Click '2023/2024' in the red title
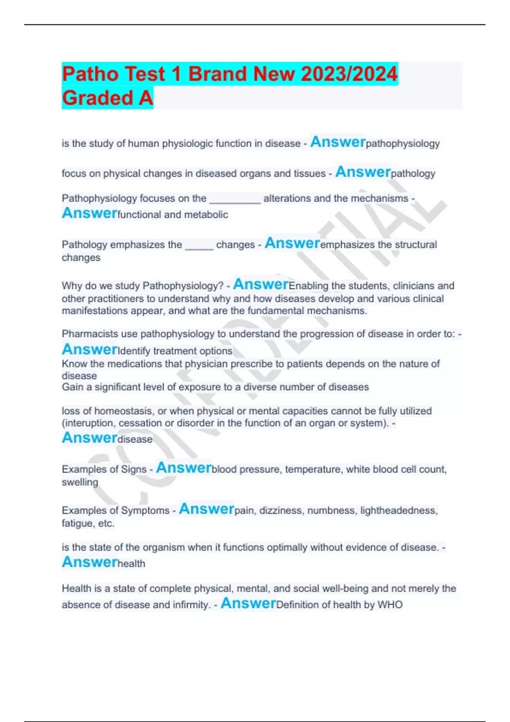tap(349, 74)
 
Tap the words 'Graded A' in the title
tap(107, 98)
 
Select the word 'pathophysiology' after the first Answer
tap(402, 144)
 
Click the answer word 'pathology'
tap(413, 173)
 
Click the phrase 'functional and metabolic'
tap(173, 214)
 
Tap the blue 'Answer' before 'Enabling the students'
tap(261, 284)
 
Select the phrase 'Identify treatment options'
tap(175, 351)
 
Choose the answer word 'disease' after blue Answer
tap(135, 439)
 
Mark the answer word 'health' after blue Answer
tap(131, 564)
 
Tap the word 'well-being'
tap(345, 589)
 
